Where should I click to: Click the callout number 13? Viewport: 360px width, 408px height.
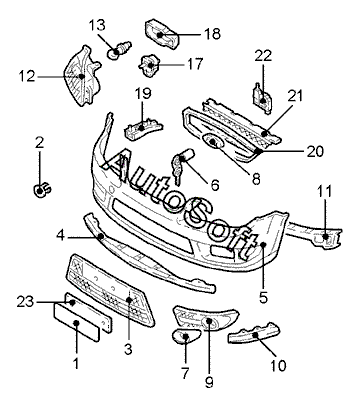97,25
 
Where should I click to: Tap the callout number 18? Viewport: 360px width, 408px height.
212,34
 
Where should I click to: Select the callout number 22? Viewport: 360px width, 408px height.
263,56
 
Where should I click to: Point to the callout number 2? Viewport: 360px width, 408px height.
39,143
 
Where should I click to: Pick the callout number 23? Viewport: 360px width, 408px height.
25,302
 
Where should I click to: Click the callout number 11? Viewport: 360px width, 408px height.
324,192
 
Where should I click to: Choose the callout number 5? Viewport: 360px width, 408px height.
263,298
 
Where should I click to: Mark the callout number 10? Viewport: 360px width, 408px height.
278,366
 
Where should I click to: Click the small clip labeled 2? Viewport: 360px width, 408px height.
42,190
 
